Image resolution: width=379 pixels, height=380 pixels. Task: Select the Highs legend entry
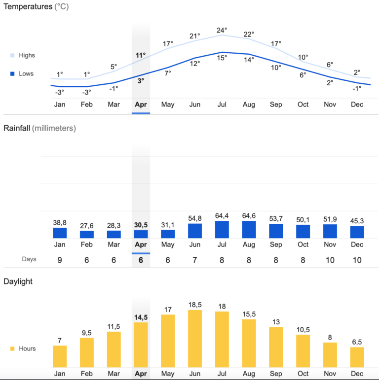(x=23, y=55)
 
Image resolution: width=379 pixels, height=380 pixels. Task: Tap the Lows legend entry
(x=22, y=73)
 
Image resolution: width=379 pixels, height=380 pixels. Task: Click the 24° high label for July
(x=222, y=30)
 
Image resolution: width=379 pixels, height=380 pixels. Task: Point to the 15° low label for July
(x=222, y=58)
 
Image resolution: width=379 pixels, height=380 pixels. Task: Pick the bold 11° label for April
(x=141, y=55)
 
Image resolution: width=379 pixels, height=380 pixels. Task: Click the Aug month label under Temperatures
(x=249, y=104)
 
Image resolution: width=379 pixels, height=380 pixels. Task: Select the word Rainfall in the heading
(x=17, y=128)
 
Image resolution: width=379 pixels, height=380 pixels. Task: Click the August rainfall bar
(x=249, y=229)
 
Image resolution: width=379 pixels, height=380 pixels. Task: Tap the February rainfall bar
(x=87, y=234)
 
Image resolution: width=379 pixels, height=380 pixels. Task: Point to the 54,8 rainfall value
(x=194, y=218)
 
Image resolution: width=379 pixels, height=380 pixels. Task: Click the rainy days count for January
(x=60, y=260)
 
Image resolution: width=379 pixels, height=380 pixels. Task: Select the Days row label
(x=29, y=259)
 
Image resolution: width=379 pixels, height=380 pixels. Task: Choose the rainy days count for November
(x=330, y=260)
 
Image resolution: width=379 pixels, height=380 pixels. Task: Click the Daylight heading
(x=18, y=281)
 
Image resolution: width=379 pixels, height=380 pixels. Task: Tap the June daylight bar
(x=195, y=339)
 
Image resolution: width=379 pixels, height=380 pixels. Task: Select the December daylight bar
(x=357, y=357)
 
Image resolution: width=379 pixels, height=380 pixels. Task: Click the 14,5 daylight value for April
(x=141, y=317)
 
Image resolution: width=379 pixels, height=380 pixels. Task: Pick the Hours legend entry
(x=23, y=348)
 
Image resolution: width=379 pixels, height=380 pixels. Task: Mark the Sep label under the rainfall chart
(x=276, y=244)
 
